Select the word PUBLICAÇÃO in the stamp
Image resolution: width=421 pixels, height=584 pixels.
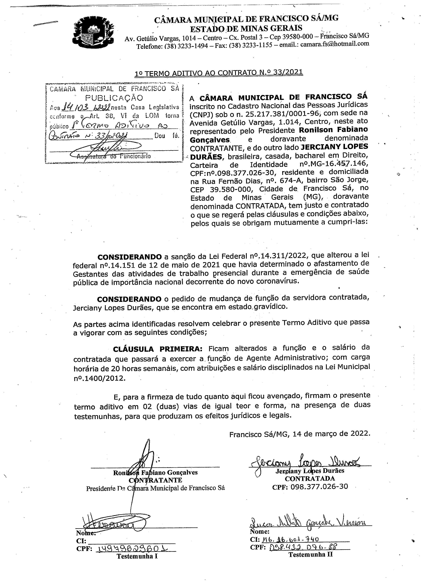[x=114, y=98]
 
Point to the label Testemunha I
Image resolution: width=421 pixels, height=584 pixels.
[x=137, y=556]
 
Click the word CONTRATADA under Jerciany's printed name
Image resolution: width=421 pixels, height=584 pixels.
[x=310, y=478]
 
